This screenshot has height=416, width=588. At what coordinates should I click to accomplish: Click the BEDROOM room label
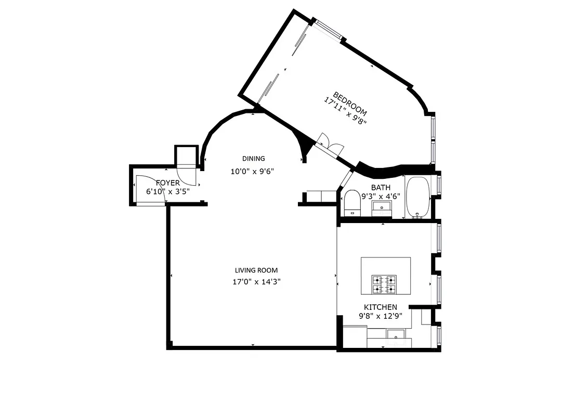[350, 104]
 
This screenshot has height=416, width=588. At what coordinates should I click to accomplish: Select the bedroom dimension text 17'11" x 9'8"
[345, 111]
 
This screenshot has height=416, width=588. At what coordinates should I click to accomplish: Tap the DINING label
[253, 159]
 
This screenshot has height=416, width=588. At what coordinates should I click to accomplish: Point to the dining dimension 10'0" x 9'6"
[252, 171]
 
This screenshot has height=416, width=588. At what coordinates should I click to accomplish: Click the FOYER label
[167, 183]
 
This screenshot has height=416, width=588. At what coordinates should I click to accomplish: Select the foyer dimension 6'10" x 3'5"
[168, 191]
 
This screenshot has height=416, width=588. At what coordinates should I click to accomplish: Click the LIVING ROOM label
[256, 270]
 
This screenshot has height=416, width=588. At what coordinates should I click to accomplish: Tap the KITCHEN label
[380, 307]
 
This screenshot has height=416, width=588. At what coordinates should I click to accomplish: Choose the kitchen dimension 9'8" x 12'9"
[380, 316]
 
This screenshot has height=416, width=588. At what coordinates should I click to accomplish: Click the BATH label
[381, 187]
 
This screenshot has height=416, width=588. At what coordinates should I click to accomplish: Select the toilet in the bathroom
[352, 202]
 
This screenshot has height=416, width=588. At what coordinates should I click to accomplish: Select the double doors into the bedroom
[329, 143]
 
